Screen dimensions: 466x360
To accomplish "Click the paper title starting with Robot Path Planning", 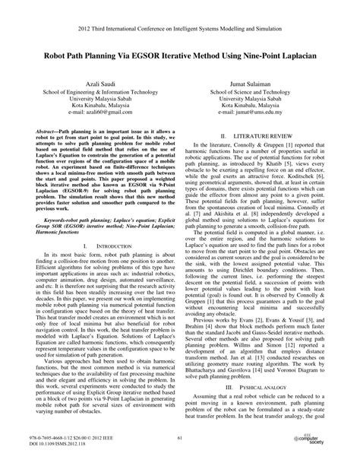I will pyautogui.click(x=180, y=57).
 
